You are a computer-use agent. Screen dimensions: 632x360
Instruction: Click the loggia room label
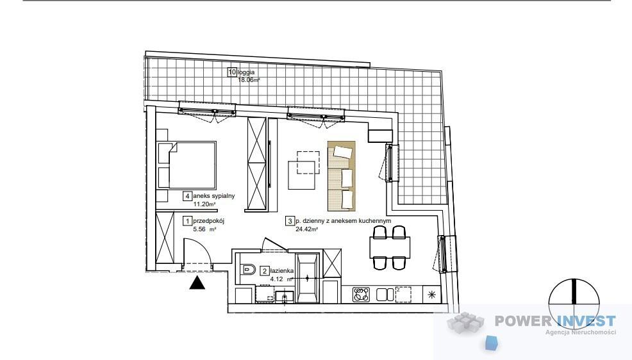pyautogui.click(x=246, y=72)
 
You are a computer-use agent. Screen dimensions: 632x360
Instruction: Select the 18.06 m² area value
pyautogui.click(x=249, y=79)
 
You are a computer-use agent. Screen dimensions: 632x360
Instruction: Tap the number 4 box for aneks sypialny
pyautogui.click(x=187, y=196)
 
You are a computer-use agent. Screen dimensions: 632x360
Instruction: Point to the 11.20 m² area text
pyautogui.click(x=204, y=204)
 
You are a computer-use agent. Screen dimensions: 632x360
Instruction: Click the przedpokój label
pyautogui.click(x=208, y=220)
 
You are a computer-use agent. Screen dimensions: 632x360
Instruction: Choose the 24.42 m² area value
pyautogui.click(x=307, y=229)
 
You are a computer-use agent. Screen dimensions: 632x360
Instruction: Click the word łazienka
pyautogui.click(x=282, y=271)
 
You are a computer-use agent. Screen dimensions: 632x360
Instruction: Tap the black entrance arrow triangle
pyautogui.click(x=197, y=283)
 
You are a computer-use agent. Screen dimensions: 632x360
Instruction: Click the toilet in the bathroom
pyautogui.click(x=247, y=270)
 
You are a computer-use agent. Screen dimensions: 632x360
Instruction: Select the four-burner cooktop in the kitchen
pyautogui.click(x=361, y=295)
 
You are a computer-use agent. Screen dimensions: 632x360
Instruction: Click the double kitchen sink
pyautogui.click(x=385, y=295)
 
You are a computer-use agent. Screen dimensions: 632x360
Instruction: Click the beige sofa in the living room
pyautogui.click(x=342, y=176)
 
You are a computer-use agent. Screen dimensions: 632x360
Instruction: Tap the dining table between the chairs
pyautogui.click(x=390, y=248)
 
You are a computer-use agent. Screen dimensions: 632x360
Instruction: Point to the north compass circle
pyautogui.click(x=574, y=304)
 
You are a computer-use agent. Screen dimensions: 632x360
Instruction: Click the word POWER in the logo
pyautogui.click(x=523, y=321)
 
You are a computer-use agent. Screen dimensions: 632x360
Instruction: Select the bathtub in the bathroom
pyautogui.click(x=308, y=278)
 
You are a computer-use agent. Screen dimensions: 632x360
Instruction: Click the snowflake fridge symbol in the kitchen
pyautogui.click(x=432, y=295)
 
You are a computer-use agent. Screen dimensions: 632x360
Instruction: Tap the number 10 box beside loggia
pyautogui.click(x=232, y=72)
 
